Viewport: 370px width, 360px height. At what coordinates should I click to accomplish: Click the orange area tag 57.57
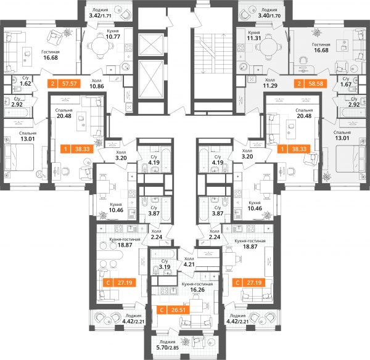pyautogui.click(x=64, y=83)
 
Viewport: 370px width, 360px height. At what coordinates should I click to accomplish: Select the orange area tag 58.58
pyautogui.click(x=311, y=83)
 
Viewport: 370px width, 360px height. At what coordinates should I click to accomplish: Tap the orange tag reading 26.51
pyautogui.click(x=173, y=309)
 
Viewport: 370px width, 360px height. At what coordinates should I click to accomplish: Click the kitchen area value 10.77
pyautogui.click(x=113, y=37)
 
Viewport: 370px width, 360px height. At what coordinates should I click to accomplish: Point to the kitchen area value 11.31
pyautogui.click(x=254, y=38)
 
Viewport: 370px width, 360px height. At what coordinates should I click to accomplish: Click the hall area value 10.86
pyautogui.click(x=97, y=86)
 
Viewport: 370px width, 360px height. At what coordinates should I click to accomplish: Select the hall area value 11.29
pyautogui.click(x=270, y=86)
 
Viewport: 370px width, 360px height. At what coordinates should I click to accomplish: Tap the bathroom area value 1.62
pyautogui.click(x=25, y=83)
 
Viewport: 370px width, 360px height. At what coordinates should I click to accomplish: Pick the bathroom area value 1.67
pyautogui.click(x=346, y=84)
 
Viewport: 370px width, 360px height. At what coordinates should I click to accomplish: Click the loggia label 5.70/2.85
pyautogui.click(x=167, y=348)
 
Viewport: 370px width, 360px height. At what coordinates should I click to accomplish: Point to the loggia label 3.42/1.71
pyautogui.click(x=100, y=16)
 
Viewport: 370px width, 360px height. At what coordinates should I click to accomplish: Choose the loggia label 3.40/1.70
pyautogui.click(x=269, y=16)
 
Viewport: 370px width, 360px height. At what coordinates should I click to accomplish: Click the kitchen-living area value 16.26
pyautogui.click(x=197, y=290)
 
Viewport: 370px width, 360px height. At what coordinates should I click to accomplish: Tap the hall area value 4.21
pyautogui.click(x=189, y=264)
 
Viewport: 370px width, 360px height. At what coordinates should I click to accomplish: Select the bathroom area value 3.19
pyautogui.click(x=165, y=267)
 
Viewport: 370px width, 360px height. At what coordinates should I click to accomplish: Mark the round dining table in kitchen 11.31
pyautogui.click(x=267, y=47)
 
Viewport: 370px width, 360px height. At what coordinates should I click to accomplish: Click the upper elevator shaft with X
pyautogui.click(x=151, y=44)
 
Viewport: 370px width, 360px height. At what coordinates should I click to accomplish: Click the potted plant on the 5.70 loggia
pyautogui.click(x=186, y=342)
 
